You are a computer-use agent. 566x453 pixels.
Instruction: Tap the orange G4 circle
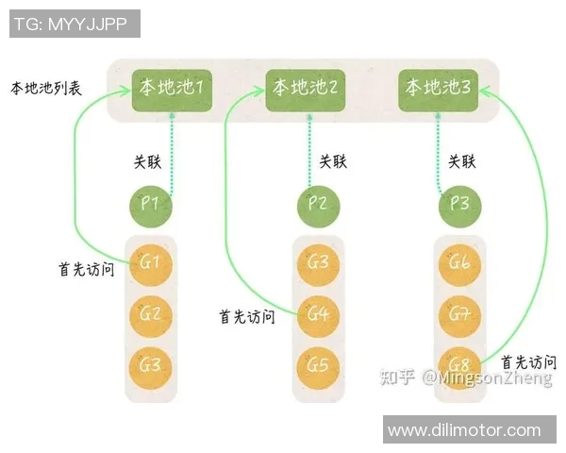coord(318,312)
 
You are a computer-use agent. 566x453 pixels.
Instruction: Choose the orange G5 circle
coord(318,363)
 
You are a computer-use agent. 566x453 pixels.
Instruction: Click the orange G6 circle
coord(459,263)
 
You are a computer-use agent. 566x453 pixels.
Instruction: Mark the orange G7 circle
coord(459,312)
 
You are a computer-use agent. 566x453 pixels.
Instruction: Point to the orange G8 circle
coord(459,363)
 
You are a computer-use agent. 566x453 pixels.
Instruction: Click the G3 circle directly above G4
coord(318,262)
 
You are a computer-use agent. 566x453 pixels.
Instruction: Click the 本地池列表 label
coord(46,89)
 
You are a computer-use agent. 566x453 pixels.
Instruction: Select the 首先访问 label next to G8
coord(528,361)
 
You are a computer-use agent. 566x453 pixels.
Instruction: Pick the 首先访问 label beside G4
coord(246,316)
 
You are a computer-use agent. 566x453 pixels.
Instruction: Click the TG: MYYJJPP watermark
coord(75,23)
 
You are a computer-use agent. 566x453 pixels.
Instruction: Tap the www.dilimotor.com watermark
coord(464,430)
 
